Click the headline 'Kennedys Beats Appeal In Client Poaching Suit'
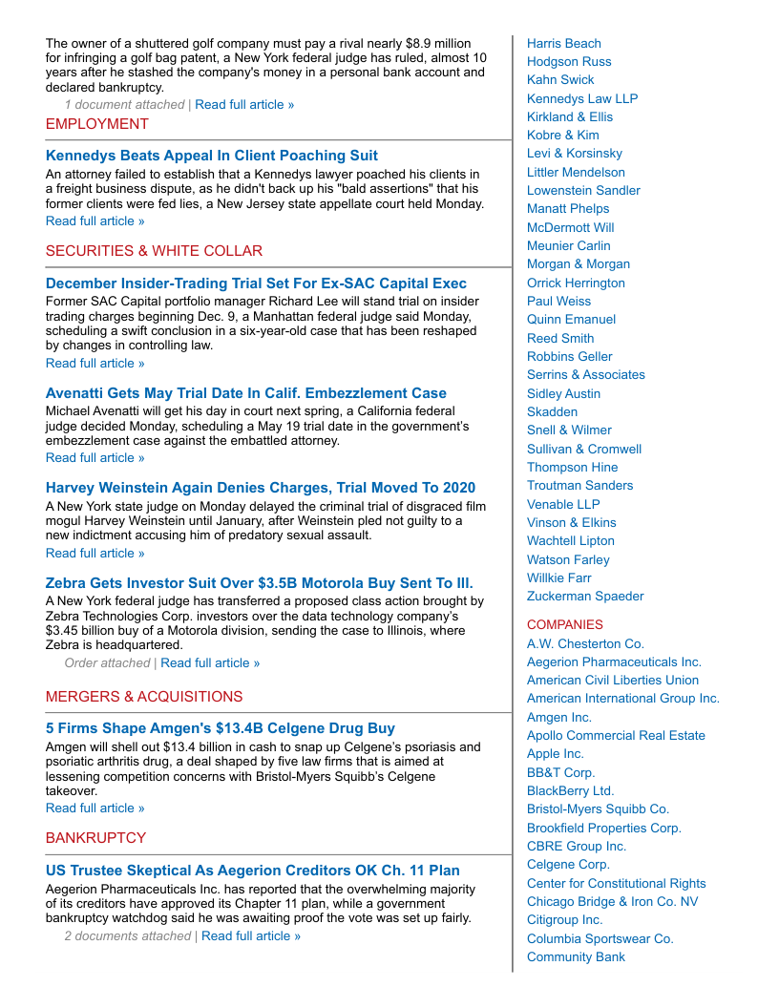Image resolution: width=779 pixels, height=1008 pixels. (211, 156)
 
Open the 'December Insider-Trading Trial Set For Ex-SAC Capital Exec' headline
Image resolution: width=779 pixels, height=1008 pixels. (256, 283)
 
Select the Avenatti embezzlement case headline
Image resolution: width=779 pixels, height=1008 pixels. (245, 393)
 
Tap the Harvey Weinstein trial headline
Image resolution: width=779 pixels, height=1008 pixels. (260, 488)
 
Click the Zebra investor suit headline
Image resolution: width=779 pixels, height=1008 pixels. (259, 583)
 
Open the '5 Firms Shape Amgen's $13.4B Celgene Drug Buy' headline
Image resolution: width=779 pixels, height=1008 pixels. (220, 728)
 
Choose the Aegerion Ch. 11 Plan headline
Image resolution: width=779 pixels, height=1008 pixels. (252, 871)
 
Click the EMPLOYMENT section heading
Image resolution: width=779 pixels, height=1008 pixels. (97, 124)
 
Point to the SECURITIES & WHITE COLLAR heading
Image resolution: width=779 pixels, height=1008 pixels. (154, 251)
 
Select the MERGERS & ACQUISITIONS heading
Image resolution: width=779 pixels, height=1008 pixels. (144, 697)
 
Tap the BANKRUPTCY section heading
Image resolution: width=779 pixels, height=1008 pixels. (95, 838)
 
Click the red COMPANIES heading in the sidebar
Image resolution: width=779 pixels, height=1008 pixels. (565, 625)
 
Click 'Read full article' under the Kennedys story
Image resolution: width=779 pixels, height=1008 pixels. (95, 221)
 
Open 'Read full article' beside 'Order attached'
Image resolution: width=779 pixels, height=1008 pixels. (210, 663)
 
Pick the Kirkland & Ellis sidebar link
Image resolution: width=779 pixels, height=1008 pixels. (570, 117)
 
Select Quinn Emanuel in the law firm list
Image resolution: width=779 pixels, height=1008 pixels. (571, 320)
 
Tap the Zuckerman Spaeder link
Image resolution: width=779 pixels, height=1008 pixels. (585, 597)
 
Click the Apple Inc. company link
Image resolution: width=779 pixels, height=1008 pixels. (556, 754)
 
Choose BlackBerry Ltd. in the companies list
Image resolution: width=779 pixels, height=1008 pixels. (570, 791)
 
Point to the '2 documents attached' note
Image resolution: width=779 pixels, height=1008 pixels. (127, 936)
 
